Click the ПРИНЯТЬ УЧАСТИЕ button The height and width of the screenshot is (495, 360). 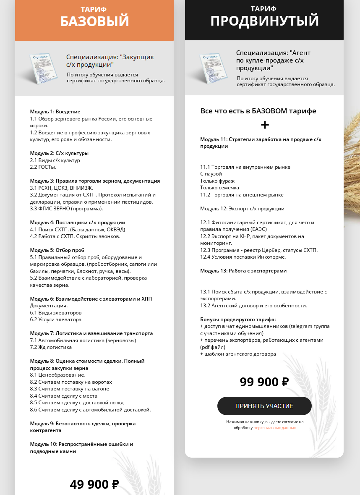tap(264, 406)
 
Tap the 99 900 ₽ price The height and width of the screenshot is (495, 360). tap(264, 382)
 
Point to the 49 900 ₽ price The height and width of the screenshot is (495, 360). tap(94, 484)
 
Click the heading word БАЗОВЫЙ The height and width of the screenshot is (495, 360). tap(94, 21)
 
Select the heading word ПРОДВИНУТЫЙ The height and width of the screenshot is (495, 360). tap(264, 21)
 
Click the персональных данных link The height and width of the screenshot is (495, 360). tap(274, 428)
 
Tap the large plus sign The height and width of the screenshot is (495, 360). tap(265, 125)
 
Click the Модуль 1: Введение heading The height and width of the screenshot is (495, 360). tap(55, 112)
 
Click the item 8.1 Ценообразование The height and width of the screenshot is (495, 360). tap(57, 375)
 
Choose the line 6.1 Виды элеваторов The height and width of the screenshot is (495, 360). tap(55, 312)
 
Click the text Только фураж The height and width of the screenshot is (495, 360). tap(217, 181)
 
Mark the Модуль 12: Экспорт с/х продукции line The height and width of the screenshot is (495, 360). tap(242, 209)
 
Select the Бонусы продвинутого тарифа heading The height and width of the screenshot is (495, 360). tap(238, 319)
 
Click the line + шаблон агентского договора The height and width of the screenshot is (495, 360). tap(238, 354)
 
